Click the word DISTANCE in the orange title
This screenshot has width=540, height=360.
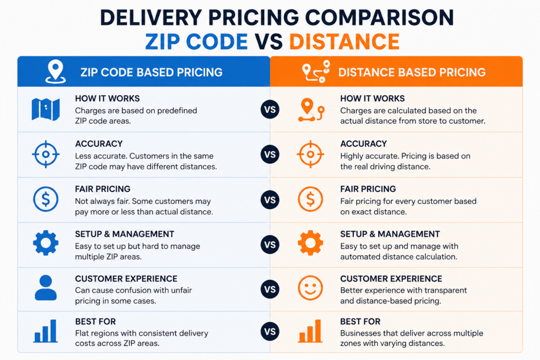click(x=344, y=42)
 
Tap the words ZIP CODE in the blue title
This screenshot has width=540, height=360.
click(x=196, y=42)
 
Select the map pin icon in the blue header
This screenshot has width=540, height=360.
click(x=55, y=72)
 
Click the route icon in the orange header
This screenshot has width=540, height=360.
click(x=316, y=72)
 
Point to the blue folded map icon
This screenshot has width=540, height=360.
click(x=45, y=110)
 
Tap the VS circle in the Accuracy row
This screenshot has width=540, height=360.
click(x=270, y=154)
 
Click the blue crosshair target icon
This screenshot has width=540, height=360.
click(x=46, y=154)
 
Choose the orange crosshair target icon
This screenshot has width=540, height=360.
click(x=310, y=154)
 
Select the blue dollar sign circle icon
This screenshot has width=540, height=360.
click(x=46, y=199)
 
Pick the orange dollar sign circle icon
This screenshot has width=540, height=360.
click(x=310, y=199)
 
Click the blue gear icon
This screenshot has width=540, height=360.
click(x=46, y=243)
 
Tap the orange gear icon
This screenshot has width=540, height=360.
click(x=310, y=243)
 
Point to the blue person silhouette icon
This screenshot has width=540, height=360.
click(x=46, y=288)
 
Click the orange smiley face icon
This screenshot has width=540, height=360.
click(x=310, y=288)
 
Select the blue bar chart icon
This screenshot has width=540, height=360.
click(x=45, y=330)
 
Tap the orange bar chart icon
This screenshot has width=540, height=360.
click(x=310, y=330)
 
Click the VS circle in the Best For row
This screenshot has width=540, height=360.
click(x=270, y=332)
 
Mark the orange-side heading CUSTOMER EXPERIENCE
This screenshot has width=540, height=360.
click(x=391, y=278)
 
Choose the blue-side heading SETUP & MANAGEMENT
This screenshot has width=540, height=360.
click(x=124, y=234)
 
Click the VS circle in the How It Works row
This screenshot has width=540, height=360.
click(x=270, y=110)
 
